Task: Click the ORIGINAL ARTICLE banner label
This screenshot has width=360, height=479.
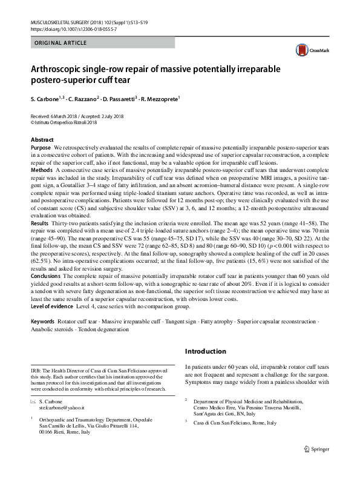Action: click(61, 43)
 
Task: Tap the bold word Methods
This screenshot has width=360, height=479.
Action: click(42, 171)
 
